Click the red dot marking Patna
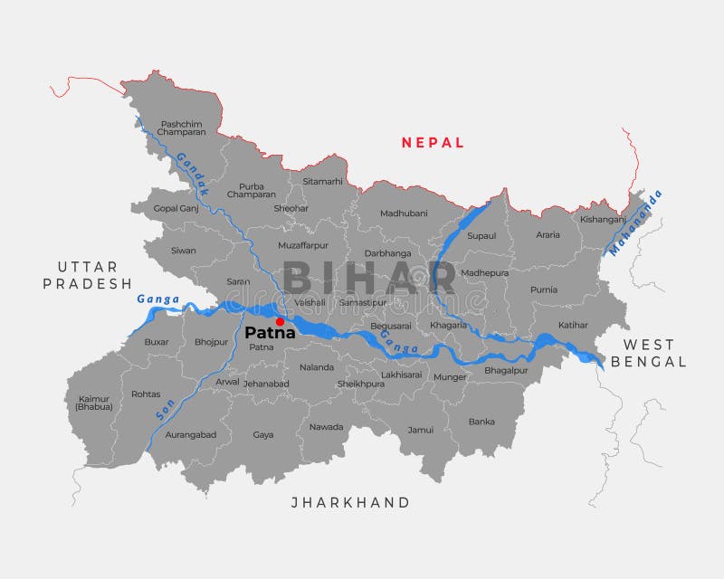pos(280,321)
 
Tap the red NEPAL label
pos(433,142)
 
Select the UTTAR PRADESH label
pos(88,275)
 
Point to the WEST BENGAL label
pos(648,353)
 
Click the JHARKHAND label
pos(350,502)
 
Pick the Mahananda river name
pos(635,223)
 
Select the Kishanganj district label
pos(603,219)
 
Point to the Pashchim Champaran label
pos(181,128)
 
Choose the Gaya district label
pos(263,434)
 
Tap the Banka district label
pos(481,421)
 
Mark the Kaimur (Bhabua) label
pos(94,403)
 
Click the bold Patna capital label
pos(270,333)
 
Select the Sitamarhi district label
pos(323,181)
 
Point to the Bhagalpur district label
pos(506,370)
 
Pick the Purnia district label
pos(545,289)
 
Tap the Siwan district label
pos(183,250)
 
